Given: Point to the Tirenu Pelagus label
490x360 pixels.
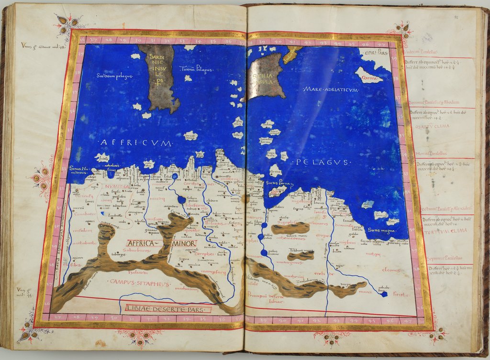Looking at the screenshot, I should (196, 70).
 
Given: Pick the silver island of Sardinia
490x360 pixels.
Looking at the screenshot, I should (158, 76).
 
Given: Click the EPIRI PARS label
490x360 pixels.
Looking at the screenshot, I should (373, 52).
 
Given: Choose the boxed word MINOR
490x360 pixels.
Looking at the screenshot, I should (183, 243).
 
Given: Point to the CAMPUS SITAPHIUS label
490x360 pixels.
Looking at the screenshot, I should (133, 282).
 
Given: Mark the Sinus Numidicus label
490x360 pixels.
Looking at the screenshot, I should (79, 171).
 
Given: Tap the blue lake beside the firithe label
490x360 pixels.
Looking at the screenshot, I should (384, 294).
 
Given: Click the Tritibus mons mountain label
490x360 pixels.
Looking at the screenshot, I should (301, 251).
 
